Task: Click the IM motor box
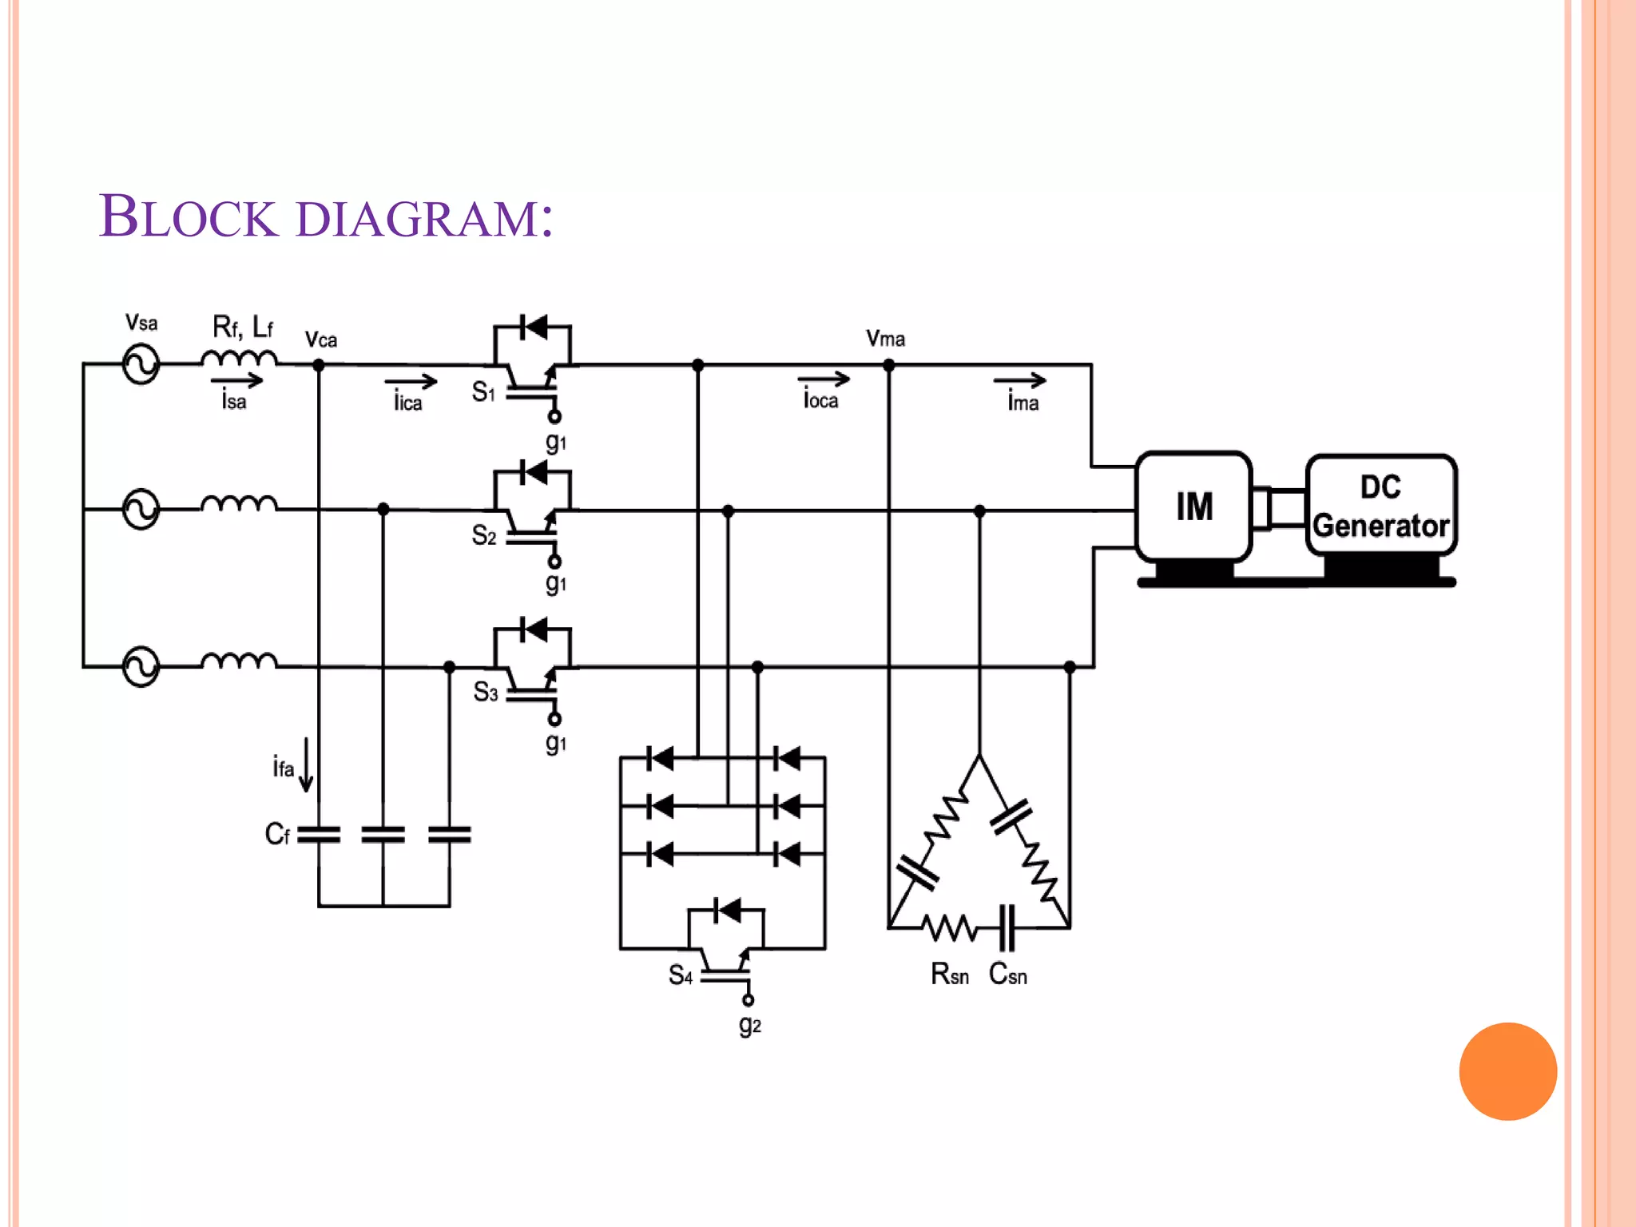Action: coord(1193,506)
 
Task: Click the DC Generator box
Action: coord(1381,506)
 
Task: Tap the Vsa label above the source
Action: coord(141,323)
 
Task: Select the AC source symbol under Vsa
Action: coord(141,364)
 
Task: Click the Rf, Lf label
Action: coord(242,327)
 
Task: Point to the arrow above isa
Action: coord(236,380)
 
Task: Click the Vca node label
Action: coord(321,340)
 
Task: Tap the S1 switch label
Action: coord(483,391)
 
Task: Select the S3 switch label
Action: coord(486,692)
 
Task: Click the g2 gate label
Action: coord(749,1025)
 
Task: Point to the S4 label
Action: coord(681,975)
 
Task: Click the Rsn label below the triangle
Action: coord(950,975)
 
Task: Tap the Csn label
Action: coord(1007,975)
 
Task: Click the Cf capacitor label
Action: coord(276,835)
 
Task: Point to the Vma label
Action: coord(885,339)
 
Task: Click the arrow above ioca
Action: coord(824,379)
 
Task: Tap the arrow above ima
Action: coord(1019,380)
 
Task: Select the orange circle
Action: coord(1507,1071)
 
